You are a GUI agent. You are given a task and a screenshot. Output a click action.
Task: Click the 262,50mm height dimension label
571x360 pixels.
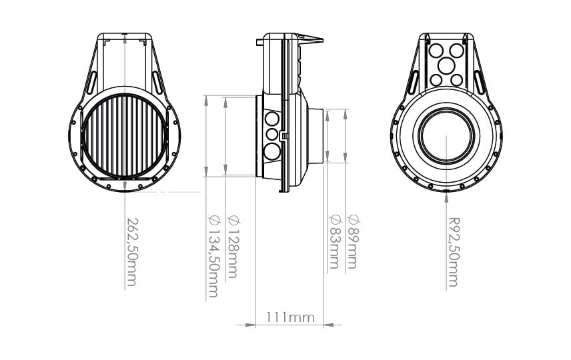(x=132, y=251)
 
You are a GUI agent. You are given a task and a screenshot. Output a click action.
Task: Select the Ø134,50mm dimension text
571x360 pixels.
(x=213, y=256)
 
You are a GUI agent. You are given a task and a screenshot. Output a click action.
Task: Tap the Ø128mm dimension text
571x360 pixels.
(x=233, y=247)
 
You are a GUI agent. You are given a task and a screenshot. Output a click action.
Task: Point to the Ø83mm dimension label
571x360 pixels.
(x=334, y=242)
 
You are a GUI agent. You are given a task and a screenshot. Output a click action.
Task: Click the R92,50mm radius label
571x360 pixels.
(x=454, y=252)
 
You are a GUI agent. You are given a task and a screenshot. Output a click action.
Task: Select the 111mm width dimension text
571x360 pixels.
(x=290, y=317)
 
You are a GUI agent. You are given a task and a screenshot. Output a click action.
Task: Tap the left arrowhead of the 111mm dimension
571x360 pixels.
(x=251, y=325)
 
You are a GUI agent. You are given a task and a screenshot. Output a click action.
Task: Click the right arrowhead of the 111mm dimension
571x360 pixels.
(x=328, y=325)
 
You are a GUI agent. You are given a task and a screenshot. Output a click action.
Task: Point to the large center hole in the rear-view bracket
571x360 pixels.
(x=446, y=66)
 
